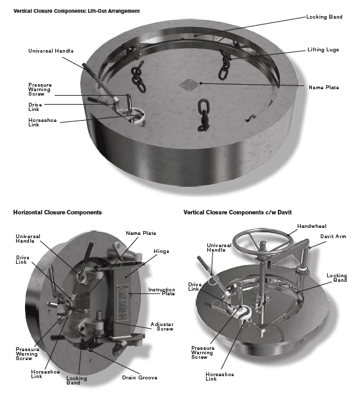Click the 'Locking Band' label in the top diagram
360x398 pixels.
324,17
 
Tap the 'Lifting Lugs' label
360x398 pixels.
323,50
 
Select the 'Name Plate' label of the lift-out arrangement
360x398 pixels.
323,87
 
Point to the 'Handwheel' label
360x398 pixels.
312,226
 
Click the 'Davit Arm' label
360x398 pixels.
333,237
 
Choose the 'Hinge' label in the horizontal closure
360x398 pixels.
161,252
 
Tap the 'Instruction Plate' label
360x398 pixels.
162,291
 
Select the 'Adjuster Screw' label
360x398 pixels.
162,327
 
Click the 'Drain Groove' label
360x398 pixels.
139,377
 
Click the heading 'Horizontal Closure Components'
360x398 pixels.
58,212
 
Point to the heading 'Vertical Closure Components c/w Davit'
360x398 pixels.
237,212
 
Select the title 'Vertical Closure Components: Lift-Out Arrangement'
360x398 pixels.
76,11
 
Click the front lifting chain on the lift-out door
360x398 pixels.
203,115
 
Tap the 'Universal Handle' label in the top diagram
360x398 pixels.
51,51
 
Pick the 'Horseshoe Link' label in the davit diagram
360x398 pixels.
219,377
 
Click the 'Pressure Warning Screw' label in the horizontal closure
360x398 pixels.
27,354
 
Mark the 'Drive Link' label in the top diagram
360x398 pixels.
35,107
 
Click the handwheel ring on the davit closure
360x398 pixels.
263,242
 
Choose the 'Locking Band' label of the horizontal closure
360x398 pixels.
76,381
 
